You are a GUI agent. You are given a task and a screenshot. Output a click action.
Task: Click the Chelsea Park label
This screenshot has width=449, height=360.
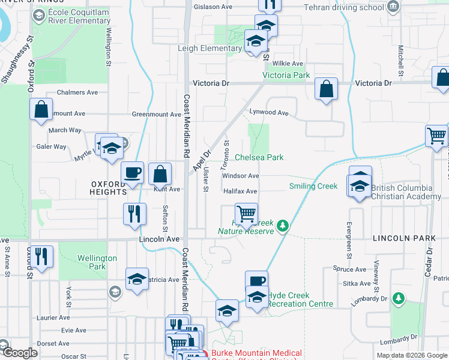[259, 157]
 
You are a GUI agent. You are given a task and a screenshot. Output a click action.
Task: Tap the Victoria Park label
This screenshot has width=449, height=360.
[286, 76]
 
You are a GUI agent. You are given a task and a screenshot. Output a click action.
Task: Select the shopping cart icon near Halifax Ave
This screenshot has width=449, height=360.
[246, 213]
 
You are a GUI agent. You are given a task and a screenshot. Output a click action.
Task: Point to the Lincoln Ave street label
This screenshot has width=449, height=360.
[159, 239]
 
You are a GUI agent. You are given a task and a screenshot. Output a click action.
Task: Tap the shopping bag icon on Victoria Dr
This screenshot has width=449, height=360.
[325, 89]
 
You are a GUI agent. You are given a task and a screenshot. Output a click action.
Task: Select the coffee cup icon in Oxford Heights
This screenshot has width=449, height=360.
[133, 173]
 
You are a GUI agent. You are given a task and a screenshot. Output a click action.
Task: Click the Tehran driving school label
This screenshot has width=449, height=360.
[344, 7]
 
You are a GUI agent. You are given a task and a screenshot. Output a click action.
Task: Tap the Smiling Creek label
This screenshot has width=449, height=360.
[313, 186]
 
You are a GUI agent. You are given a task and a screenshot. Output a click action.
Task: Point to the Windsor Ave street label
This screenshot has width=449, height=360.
[240, 176]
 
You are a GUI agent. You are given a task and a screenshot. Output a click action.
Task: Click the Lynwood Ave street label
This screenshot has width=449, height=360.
[270, 113]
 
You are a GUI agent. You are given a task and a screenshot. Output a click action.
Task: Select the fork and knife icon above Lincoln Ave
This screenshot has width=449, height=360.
[133, 213]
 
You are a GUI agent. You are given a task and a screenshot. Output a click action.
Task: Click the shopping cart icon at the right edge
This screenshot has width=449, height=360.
[436, 135]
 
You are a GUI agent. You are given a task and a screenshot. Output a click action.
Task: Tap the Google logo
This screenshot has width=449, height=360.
[19, 353]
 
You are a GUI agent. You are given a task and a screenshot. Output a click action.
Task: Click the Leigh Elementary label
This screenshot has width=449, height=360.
[209, 48]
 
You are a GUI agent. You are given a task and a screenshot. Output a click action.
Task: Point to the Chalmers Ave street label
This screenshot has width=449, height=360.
[77, 92]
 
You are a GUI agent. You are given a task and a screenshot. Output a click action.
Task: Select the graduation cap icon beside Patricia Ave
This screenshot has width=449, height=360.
[137, 279]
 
